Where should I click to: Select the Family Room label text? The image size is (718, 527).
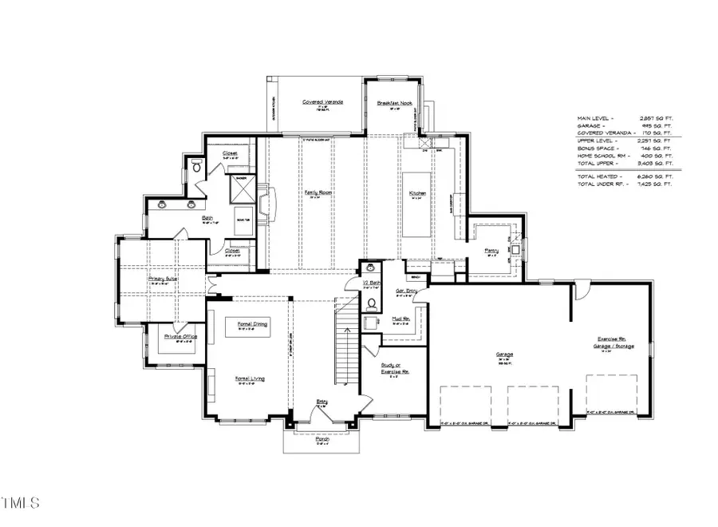pos(318,193)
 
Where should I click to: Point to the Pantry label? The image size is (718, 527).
pos(491,251)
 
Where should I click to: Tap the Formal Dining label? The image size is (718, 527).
pos(252,324)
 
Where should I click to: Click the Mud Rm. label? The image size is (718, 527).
pos(400,319)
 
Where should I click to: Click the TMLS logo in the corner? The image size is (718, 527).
pos(22,502)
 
